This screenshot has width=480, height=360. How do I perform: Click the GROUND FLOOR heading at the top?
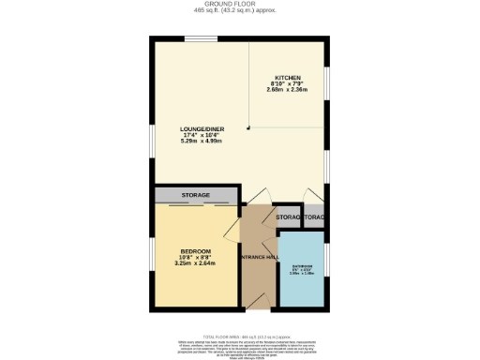[x=240, y=5]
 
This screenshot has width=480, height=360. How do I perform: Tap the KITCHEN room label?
[x=286, y=78]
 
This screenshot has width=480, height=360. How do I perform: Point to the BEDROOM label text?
[x=195, y=251]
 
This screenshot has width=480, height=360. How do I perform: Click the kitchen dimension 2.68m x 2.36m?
[x=286, y=91]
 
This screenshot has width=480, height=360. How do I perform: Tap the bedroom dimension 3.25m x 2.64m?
[x=195, y=263]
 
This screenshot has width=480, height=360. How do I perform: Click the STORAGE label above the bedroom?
[x=195, y=195]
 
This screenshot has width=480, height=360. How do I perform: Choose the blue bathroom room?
[x=302, y=281]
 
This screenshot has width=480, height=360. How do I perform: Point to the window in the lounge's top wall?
[x=199, y=37]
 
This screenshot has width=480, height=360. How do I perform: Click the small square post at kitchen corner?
[x=248, y=128]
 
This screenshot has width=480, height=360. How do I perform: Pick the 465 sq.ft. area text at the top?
[x=240, y=12]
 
